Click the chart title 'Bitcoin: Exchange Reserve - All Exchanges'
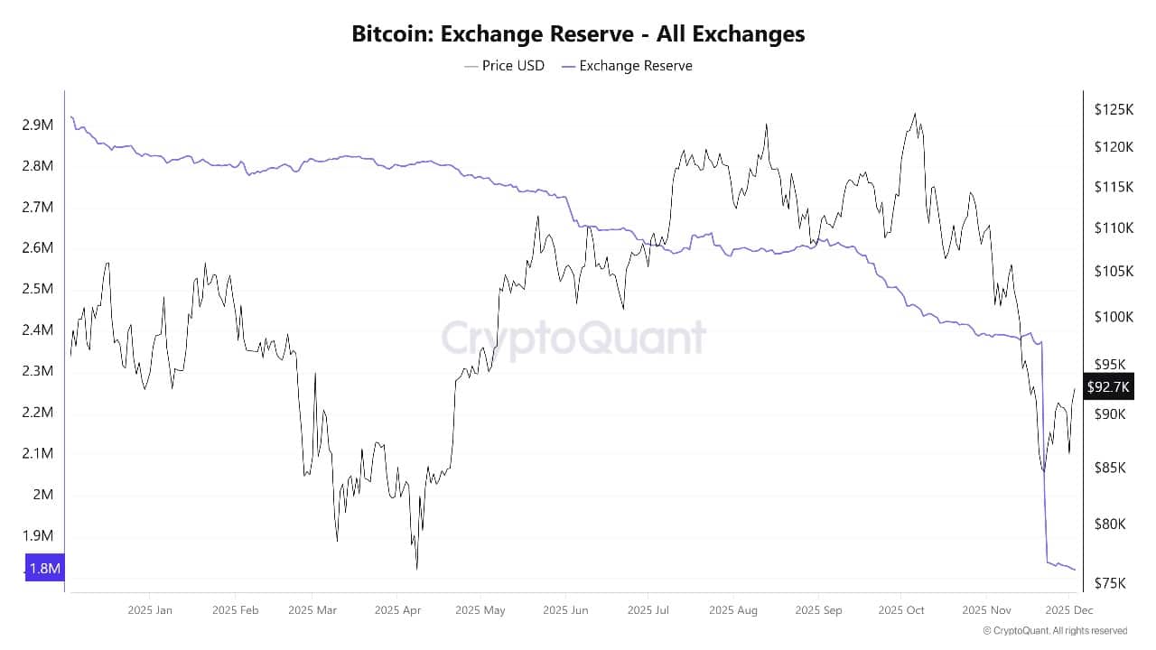[578, 34]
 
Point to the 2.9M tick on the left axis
[37, 125]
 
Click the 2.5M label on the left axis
[37, 289]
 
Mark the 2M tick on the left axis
[42, 495]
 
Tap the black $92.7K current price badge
[1106, 387]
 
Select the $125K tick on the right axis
[1113, 109]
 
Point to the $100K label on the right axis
[1113, 317]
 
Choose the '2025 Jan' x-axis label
[150, 610]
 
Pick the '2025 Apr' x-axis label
[397, 610]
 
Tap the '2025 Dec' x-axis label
[1068, 610]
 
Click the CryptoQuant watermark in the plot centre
[573, 338]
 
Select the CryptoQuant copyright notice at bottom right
[1055, 631]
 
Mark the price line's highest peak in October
[915, 114]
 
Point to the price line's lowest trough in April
[417, 569]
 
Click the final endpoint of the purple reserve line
[1075, 570]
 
